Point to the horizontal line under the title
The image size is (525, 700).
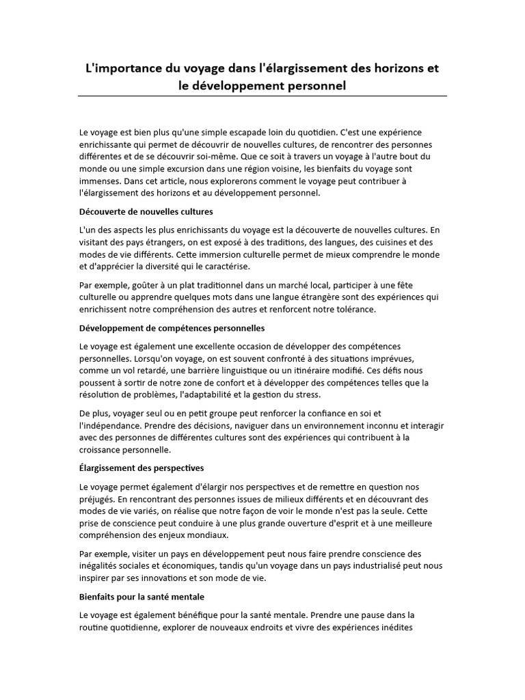[262, 96]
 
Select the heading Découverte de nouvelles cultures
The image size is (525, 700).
[146, 211]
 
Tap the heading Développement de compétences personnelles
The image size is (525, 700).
[172, 328]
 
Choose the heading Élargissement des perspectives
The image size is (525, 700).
[142, 468]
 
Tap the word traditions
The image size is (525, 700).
[298, 242]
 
